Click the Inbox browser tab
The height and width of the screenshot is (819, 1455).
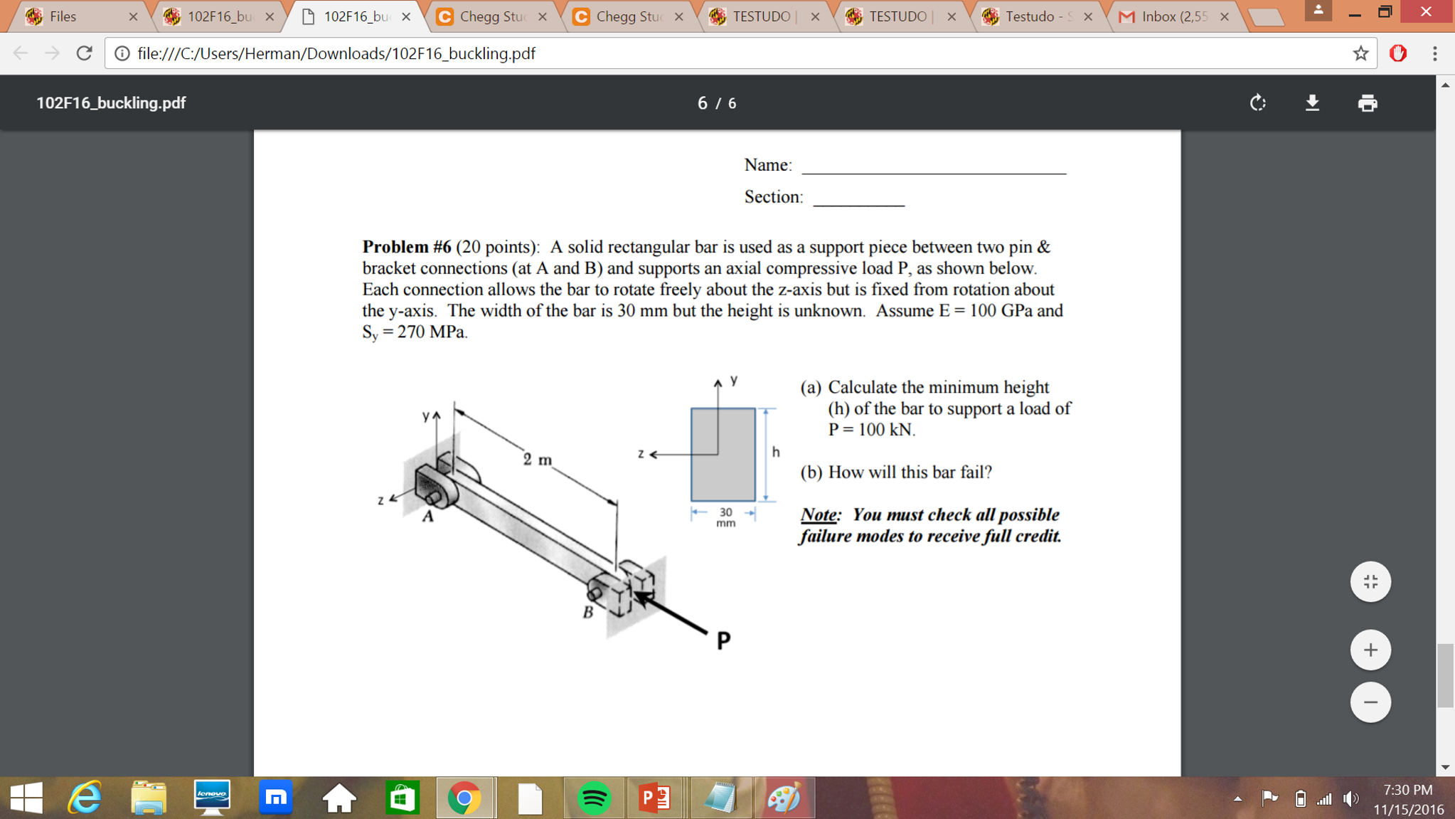coord(1173,16)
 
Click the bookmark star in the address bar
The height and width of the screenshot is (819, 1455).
coord(1360,53)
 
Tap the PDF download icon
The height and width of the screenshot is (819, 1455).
coord(1312,103)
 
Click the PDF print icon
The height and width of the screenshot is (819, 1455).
coord(1367,103)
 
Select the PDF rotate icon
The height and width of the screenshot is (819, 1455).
coord(1257,103)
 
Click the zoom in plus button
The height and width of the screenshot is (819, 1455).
coord(1370,650)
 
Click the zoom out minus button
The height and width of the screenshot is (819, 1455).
coord(1370,702)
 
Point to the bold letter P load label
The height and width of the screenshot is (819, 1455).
coord(723,640)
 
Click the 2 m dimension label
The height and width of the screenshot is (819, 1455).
coord(538,459)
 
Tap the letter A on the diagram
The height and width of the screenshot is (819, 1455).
coord(427,517)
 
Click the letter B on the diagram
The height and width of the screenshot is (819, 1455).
coord(588,612)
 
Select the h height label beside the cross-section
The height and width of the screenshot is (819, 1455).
coord(776,452)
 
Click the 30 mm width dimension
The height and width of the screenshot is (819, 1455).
coord(725,517)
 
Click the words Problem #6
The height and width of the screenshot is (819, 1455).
coord(407,247)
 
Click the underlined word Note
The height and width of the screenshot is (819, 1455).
coord(819,514)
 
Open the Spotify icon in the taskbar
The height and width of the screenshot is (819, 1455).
coord(593,798)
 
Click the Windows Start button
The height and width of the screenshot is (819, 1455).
coord(26,798)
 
